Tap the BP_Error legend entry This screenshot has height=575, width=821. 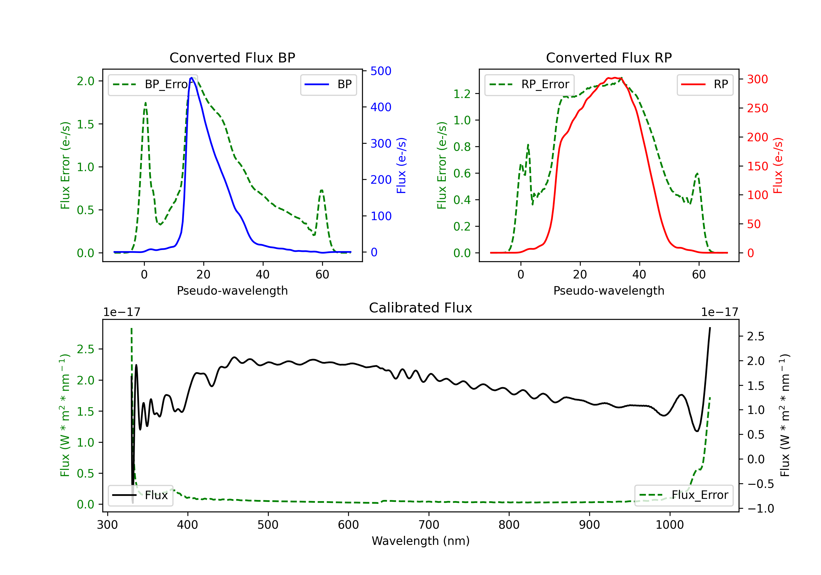[x=153, y=84]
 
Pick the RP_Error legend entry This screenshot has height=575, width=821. [x=529, y=84]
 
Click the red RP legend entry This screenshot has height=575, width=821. [x=705, y=84]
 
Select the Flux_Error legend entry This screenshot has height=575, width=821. [x=684, y=495]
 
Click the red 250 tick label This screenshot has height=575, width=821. [x=757, y=108]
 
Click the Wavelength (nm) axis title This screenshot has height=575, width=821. [x=421, y=541]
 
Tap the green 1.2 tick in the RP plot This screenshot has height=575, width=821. [x=462, y=94]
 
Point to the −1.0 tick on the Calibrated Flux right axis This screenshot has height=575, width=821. [x=760, y=509]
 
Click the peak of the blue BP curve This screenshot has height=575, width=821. [x=192, y=78]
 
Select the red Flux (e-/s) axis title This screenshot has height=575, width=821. [x=778, y=166]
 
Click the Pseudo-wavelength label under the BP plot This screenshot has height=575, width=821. [x=232, y=291]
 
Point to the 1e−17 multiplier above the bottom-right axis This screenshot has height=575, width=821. [x=719, y=312]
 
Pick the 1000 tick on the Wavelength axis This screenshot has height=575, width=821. [x=669, y=525]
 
